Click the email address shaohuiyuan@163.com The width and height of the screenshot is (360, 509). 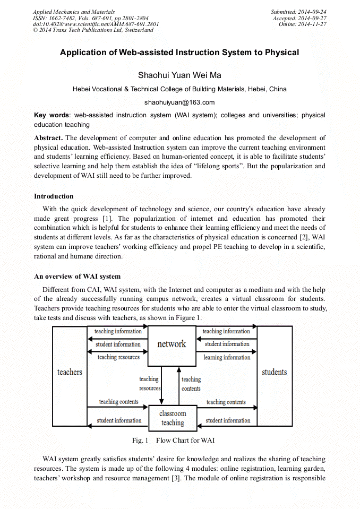coord(179,102)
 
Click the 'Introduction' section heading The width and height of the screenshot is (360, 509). coord(54,196)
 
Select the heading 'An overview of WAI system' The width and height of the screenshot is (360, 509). coord(77,277)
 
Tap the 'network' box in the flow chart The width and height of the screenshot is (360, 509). coord(172,344)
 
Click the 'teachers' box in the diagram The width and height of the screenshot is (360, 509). coord(70,372)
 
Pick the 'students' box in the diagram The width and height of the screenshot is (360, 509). coord(274,372)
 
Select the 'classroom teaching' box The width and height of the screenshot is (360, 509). coord(173,418)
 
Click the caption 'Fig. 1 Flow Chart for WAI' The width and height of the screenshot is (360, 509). coord(173,441)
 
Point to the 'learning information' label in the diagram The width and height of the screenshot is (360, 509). coord(227,357)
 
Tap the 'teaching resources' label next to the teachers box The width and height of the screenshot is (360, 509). coord(118,357)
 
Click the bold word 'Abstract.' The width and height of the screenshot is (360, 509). coord(48,138)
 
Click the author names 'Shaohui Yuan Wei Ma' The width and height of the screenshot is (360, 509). coord(179,75)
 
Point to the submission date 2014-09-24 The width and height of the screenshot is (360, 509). coord(312,12)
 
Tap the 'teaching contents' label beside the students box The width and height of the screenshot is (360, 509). coord(226,402)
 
